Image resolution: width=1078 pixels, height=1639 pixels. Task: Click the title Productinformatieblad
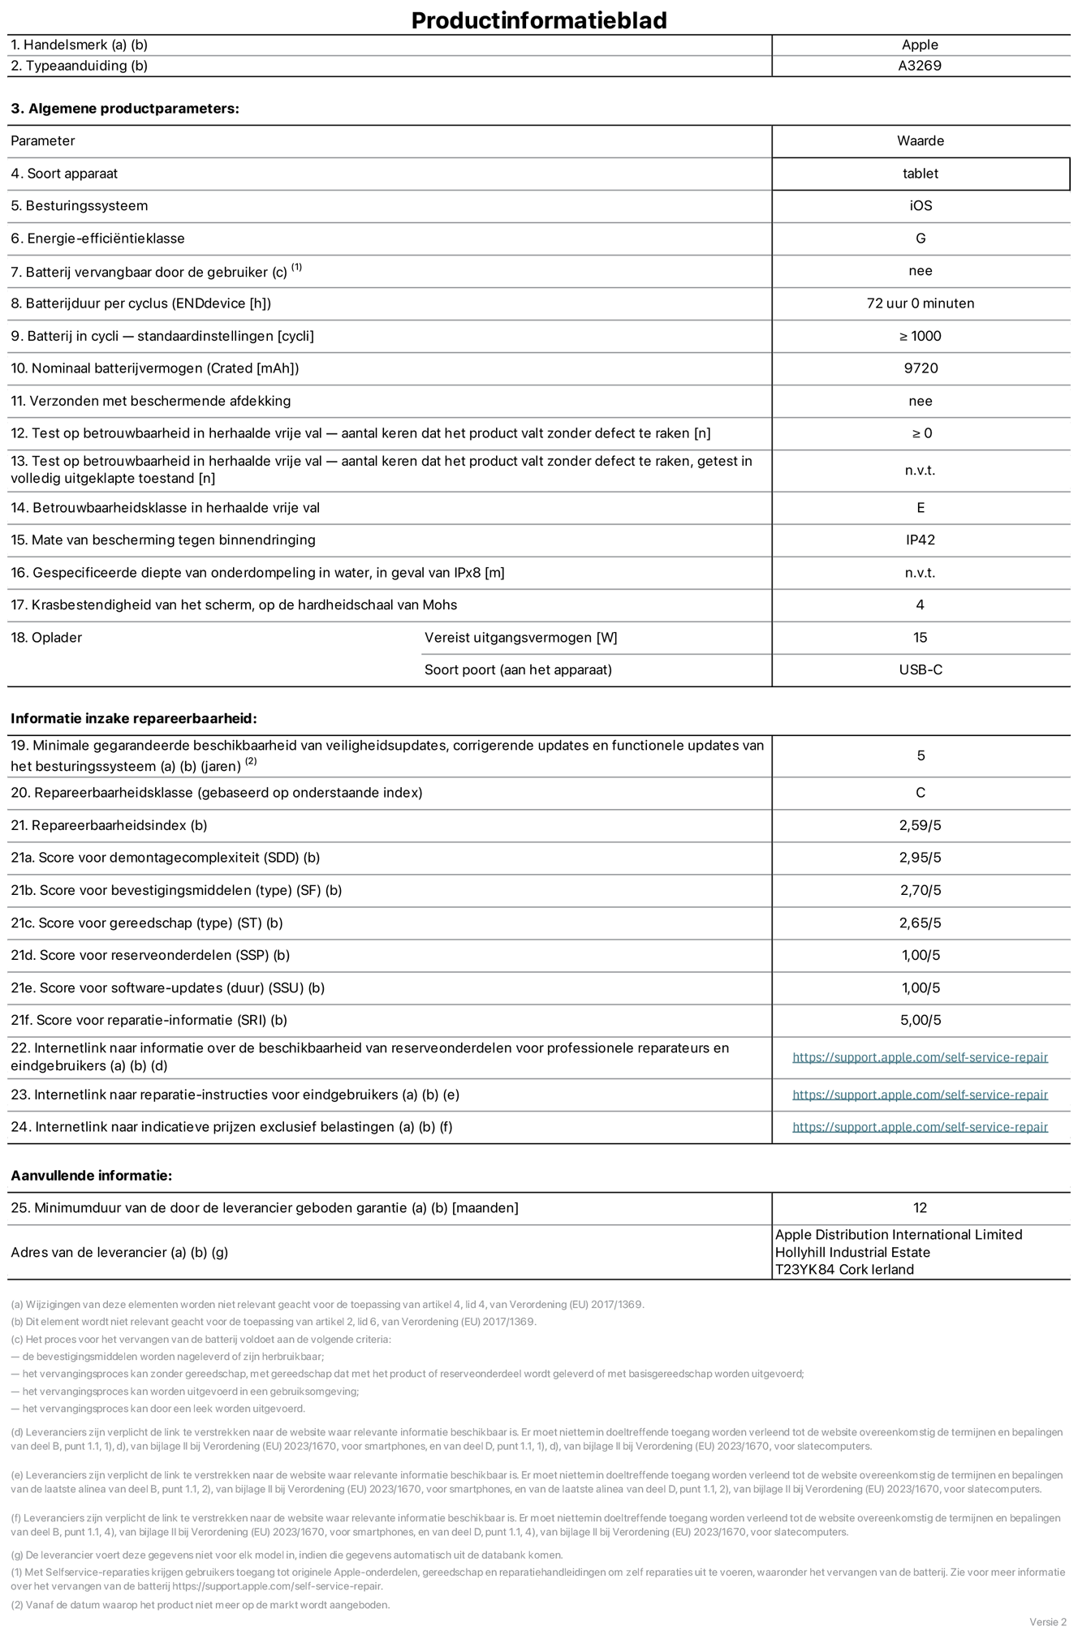point(538,20)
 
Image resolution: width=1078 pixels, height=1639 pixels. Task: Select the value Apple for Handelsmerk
point(920,45)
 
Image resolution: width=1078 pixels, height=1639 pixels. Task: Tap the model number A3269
point(920,66)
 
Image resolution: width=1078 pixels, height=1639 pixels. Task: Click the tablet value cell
point(920,174)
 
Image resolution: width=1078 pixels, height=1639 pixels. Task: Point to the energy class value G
point(920,239)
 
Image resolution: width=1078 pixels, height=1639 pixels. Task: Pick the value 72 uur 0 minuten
point(920,303)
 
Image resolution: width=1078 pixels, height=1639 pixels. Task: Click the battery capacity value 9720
point(920,368)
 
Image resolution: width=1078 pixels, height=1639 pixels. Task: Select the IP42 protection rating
point(920,540)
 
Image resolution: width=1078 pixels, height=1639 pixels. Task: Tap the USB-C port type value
point(920,670)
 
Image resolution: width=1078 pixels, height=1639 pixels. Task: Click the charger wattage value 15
point(920,638)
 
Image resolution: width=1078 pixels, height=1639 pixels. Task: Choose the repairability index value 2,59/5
point(920,826)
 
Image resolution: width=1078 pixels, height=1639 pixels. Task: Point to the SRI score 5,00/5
point(920,1021)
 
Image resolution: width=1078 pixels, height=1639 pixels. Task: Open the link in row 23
point(920,1095)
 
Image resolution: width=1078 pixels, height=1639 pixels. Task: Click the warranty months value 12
point(920,1208)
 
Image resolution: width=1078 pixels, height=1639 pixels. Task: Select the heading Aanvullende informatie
point(91,1176)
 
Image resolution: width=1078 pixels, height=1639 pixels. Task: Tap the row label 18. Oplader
point(46,638)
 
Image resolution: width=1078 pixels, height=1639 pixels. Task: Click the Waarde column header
point(920,141)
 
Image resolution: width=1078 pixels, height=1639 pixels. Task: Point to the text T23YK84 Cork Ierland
point(844,1270)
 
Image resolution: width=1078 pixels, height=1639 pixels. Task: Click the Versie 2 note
point(1047,1622)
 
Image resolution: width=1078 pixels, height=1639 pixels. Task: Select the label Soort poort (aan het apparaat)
point(518,670)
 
